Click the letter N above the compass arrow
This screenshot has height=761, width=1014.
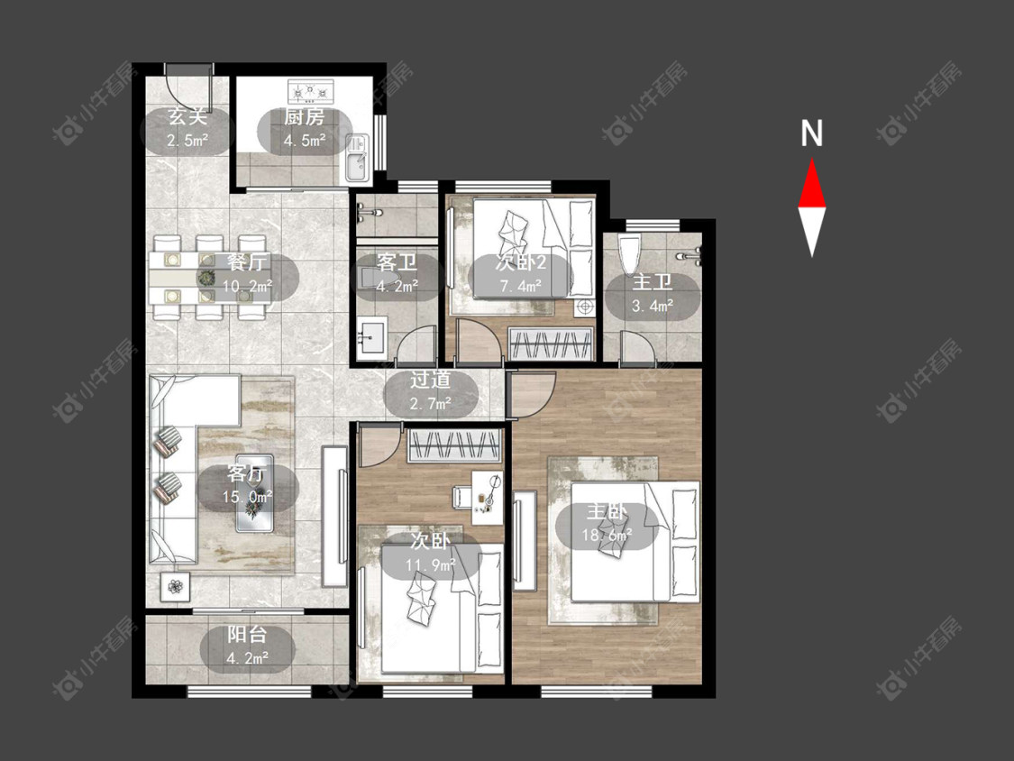coord(811,133)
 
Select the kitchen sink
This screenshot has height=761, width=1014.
coord(356,158)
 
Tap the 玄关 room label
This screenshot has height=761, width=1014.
coord(187,117)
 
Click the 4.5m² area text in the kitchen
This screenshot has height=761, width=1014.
coord(304,140)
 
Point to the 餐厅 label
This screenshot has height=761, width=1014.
coord(247,262)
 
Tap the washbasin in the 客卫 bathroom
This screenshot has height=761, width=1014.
coord(371,337)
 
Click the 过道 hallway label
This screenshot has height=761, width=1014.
coord(431,380)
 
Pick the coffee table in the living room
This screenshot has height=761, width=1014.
coord(254,493)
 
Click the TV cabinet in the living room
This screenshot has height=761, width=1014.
coord(334,516)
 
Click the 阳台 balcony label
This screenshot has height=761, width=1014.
coord(248,635)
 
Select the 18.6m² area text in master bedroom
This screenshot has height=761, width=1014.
coord(607,536)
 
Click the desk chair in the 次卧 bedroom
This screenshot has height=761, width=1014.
coord(462,496)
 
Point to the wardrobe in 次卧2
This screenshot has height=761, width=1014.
coord(551,343)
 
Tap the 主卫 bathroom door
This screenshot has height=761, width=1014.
coord(637,347)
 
